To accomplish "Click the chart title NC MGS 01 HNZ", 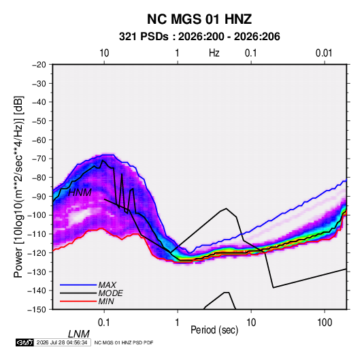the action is point(199,19).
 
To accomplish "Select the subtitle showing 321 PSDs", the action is point(199,37).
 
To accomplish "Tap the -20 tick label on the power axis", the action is point(39,65).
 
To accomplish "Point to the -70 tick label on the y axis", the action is point(39,159).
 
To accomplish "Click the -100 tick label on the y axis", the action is point(37,215).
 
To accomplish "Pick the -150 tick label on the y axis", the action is point(37,310).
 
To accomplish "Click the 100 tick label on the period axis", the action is point(325,323).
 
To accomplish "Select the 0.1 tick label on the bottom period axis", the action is point(104,323).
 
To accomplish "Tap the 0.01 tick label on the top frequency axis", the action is point(324,53).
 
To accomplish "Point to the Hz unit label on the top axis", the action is point(214,53).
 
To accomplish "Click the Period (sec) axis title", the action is point(214,330).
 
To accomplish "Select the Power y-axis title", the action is point(18,186).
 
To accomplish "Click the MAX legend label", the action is point(107,285).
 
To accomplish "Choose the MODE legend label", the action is point(110,293).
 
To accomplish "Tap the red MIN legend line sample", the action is point(78,301).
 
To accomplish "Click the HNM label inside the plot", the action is point(80,193).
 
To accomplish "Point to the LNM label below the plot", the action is point(79,334).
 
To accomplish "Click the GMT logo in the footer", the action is point(24,342).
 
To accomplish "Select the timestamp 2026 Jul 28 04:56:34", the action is point(62,342).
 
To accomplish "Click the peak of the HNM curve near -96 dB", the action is point(226,208).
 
